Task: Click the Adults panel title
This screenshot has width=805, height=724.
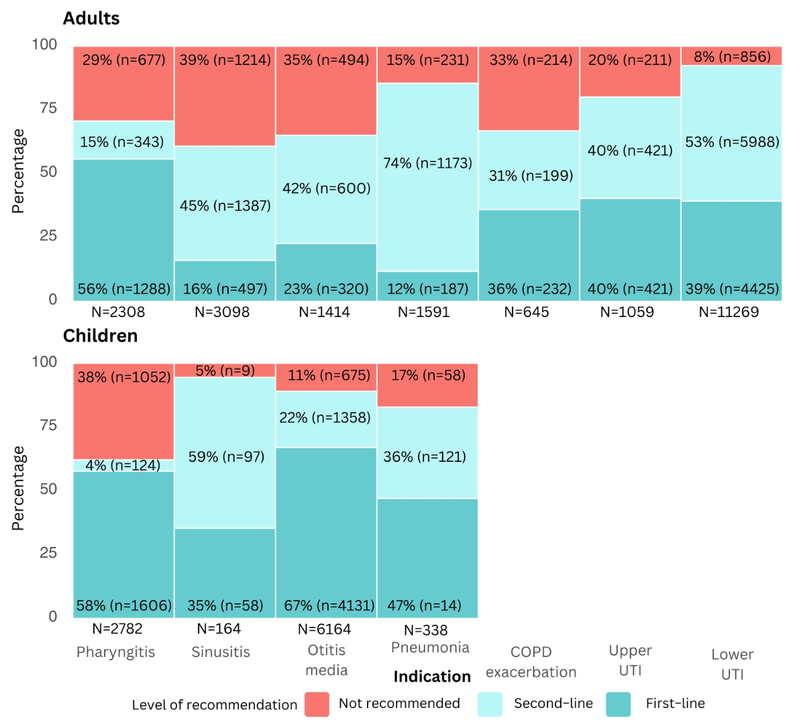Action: (x=91, y=19)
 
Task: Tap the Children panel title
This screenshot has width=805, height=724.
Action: (x=100, y=336)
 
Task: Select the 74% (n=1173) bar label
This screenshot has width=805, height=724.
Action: (x=427, y=163)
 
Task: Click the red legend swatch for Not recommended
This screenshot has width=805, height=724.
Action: (x=317, y=705)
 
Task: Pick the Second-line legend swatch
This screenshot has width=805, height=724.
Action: (x=490, y=705)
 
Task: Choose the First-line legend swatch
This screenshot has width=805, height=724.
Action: (x=618, y=705)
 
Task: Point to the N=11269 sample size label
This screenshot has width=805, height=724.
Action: (x=729, y=312)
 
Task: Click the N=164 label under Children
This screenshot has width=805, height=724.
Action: (x=219, y=629)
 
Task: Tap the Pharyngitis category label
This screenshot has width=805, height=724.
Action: (x=115, y=652)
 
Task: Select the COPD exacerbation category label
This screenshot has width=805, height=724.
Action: (x=531, y=662)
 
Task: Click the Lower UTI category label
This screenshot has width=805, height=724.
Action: (x=732, y=664)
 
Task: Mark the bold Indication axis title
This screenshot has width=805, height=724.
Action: (x=432, y=676)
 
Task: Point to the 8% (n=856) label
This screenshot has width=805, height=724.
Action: (x=732, y=56)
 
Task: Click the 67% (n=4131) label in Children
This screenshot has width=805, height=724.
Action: (x=329, y=605)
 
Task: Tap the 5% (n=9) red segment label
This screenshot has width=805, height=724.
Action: (x=225, y=371)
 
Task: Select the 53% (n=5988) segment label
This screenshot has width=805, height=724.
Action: (x=732, y=141)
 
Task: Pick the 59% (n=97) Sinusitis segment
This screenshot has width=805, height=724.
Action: (x=226, y=457)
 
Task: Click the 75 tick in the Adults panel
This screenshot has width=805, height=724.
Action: (x=48, y=108)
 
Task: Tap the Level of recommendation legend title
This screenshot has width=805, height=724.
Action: (x=214, y=705)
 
